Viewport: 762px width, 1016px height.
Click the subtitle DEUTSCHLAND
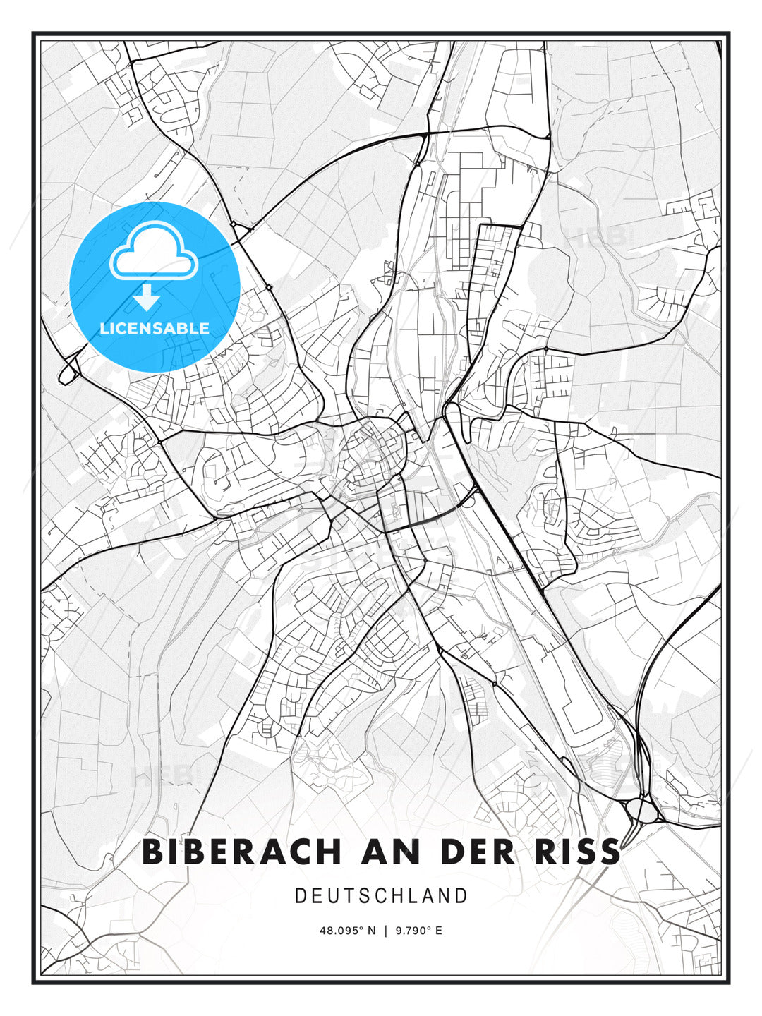tap(381, 896)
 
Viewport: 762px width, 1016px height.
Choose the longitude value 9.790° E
tap(419, 931)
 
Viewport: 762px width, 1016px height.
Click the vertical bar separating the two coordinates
tap(385, 931)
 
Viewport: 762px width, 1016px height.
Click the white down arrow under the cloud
tap(147, 298)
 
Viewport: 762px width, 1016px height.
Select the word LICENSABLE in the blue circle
tap(155, 329)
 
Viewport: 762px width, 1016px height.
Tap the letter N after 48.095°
tap(371, 931)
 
